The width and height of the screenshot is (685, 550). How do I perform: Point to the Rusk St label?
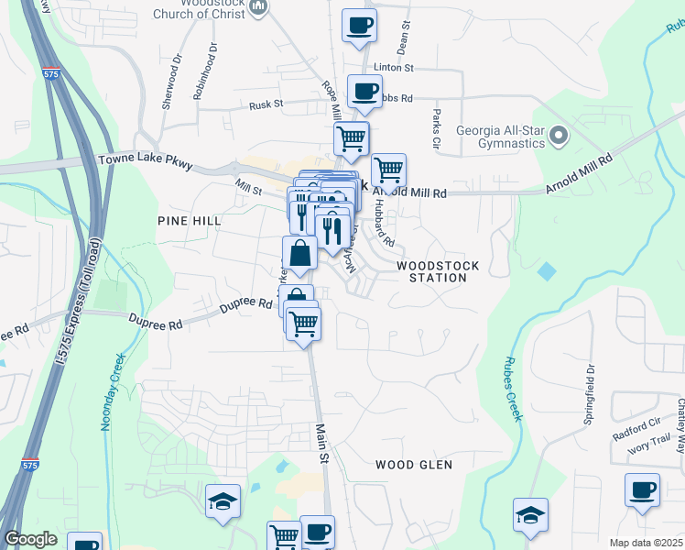(268, 106)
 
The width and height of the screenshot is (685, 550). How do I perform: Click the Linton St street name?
(395, 68)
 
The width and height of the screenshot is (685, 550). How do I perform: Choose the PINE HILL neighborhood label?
(190, 221)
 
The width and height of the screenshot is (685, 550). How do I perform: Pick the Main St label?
(321, 444)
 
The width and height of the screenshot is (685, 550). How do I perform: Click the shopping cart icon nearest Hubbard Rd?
(389, 170)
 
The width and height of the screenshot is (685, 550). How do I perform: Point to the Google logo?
(31, 540)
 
